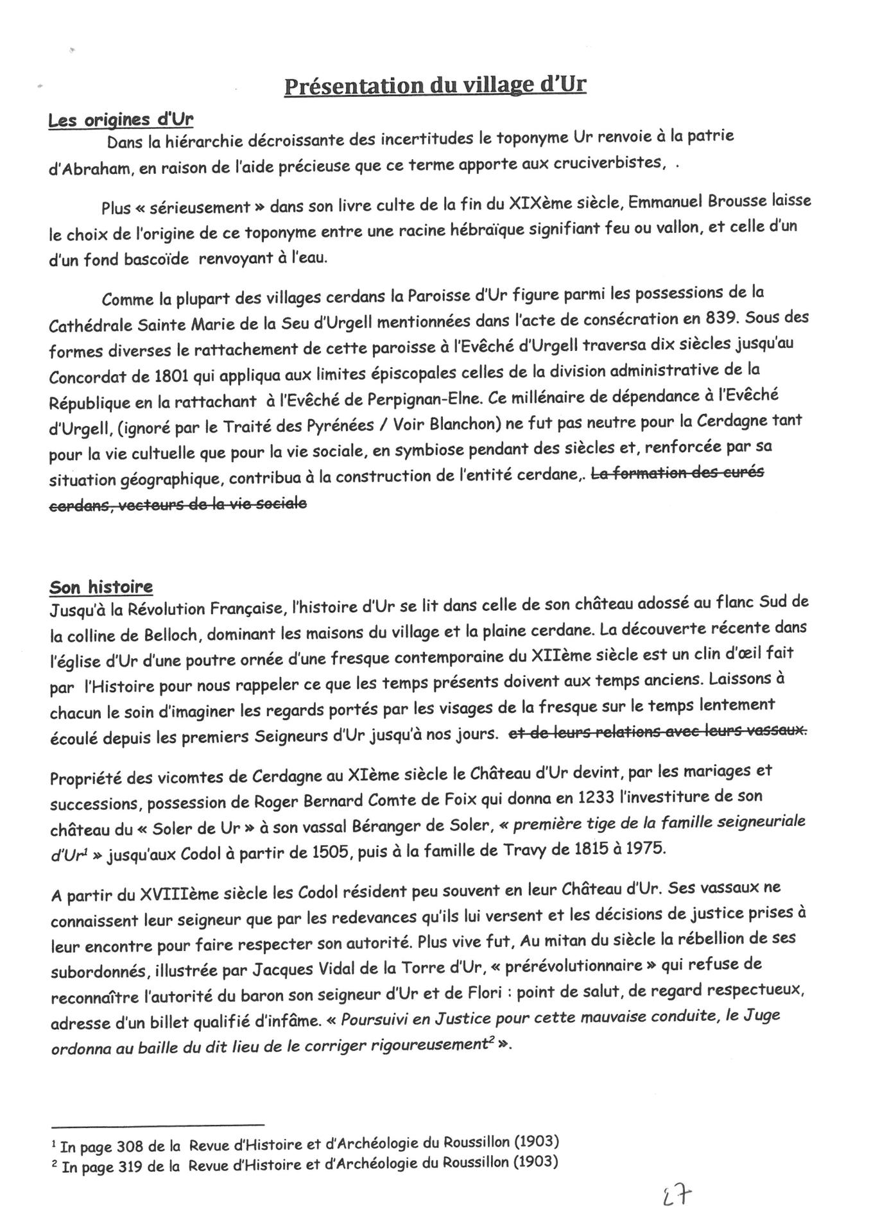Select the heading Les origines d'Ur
[x=121, y=120]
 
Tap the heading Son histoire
[x=101, y=586]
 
